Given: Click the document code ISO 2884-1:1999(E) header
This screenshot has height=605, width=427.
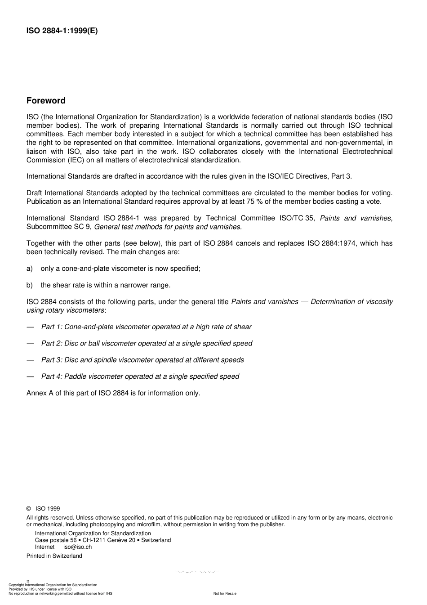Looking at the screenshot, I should [62, 31].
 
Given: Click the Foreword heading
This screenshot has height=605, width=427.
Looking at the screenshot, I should [46, 101].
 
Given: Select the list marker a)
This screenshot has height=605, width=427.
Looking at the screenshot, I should [30, 269].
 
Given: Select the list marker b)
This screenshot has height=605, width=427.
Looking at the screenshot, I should [30, 285].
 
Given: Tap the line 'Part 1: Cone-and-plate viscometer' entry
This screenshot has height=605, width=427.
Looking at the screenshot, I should [146, 327].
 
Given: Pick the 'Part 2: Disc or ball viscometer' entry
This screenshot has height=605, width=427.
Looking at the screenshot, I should [147, 344].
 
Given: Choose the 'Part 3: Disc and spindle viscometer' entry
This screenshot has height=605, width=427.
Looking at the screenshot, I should [142, 360].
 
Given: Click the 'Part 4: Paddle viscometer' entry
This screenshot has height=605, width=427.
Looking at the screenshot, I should [140, 376].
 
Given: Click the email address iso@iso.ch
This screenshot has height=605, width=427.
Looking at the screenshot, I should [77, 547].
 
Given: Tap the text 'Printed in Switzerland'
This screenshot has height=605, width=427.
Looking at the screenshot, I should [54, 556].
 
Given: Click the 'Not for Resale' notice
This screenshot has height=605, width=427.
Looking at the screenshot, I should [225, 593].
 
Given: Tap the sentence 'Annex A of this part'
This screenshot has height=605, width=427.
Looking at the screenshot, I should [113, 393].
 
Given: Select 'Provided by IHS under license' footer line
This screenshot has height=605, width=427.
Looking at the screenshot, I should [40, 589].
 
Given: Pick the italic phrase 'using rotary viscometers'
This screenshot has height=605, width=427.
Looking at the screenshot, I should [65, 310].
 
